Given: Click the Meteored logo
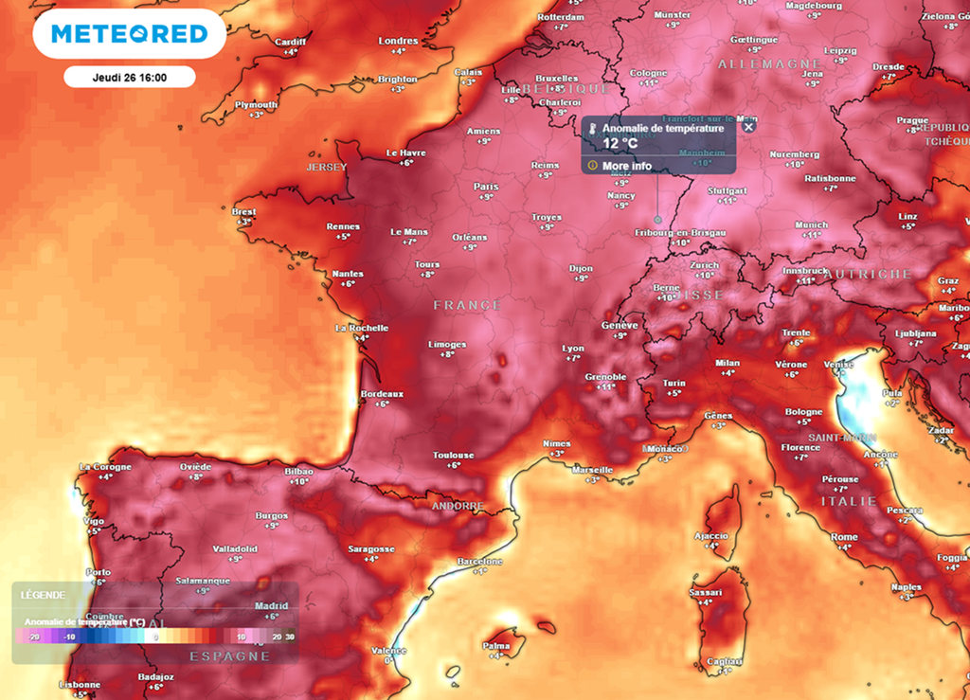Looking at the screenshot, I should click(129, 34).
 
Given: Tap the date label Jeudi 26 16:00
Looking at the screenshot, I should click(130, 77).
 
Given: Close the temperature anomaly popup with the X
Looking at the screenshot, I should click(748, 127).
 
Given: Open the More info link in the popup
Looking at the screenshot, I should click(626, 166).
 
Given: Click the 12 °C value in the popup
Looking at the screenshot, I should click(620, 143).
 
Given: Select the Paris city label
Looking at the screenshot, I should click(485, 187).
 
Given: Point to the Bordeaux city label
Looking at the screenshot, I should click(382, 393).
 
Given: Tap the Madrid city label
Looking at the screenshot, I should click(272, 606).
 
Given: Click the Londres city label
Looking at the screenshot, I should click(398, 41).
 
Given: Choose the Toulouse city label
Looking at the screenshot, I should click(453, 455).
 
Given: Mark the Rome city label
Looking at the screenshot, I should click(844, 537).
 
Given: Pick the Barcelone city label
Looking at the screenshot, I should click(479, 561).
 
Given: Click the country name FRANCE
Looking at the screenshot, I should click(467, 305).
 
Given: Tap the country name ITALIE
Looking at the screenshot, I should click(849, 500).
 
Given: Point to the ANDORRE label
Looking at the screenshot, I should click(458, 506).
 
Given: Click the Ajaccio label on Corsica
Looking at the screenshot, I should click(710, 535).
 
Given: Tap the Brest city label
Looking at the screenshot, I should click(243, 211).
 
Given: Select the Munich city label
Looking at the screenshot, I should click(811, 224).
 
